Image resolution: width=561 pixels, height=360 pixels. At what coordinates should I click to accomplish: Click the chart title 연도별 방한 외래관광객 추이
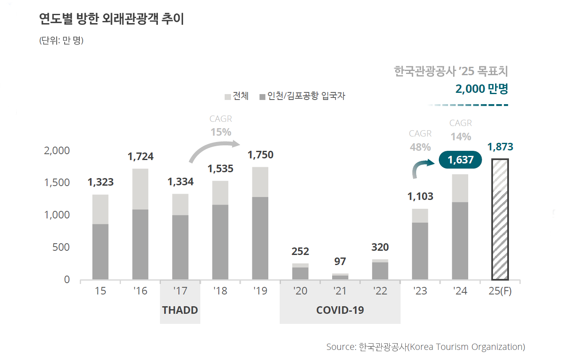tap(111, 19)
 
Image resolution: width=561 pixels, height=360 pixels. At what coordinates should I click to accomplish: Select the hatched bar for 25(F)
tap(500, 219)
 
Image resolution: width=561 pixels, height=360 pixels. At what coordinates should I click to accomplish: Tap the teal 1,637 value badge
tap(460, 160)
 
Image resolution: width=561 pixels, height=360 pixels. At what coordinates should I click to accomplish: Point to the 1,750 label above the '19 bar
tap(260, 155)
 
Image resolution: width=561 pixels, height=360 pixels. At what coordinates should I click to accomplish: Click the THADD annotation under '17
tap(180, 310)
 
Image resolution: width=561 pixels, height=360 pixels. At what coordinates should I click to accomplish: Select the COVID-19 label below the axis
tap(340, 310)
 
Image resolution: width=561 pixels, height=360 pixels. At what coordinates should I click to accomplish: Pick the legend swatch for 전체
tap(228, 97)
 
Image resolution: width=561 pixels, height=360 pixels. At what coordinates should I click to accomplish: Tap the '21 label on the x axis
tap(340, 291)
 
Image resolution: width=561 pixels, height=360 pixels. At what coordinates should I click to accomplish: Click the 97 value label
tap(340, 262)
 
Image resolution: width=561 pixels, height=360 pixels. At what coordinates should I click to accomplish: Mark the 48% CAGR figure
tap(420, 147)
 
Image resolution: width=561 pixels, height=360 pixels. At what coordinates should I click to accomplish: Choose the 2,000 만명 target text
tap(481, 89)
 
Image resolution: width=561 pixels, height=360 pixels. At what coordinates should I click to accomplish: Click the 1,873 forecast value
tap(500, 147)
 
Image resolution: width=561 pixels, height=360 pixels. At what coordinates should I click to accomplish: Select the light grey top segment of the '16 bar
tap(140, 189)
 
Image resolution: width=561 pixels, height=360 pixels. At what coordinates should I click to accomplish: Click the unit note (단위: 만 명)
tap(61, 41)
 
